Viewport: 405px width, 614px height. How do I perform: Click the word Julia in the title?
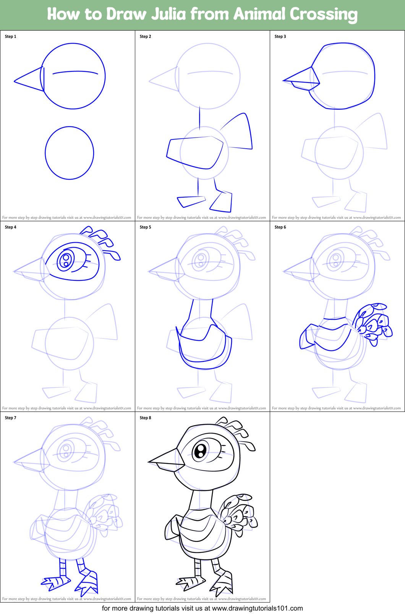pyautogui.click(x=168, y=15)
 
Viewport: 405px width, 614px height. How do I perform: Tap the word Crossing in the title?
pyautogui.click(x=324, y=15)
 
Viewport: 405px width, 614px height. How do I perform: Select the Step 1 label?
pyautogui.click(x=10, y=37)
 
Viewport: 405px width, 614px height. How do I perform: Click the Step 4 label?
pyautogui.click(x=10, y=227)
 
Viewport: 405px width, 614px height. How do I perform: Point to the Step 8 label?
pyautogui.click(x=145, y=418)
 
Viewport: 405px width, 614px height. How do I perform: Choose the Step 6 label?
pyautogui.click(x=280, y=227)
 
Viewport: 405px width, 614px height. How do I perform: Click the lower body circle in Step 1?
pyautogui.click(x=70, y=153)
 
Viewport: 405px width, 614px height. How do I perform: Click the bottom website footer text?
pyautogui.click(x=202, y=608)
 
